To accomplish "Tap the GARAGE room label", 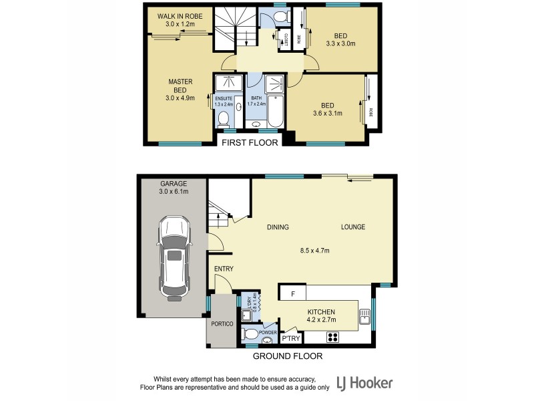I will click(x=174, y=183).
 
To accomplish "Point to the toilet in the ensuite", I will click(x=224, y=119).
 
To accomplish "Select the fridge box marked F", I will click(x=292, y=293).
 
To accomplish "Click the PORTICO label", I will click(x=221, y=323).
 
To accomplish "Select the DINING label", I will click(x=278, y=227).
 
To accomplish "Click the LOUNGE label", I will click(x=353, y=227).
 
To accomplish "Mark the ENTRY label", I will click(x=223, y=269).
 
